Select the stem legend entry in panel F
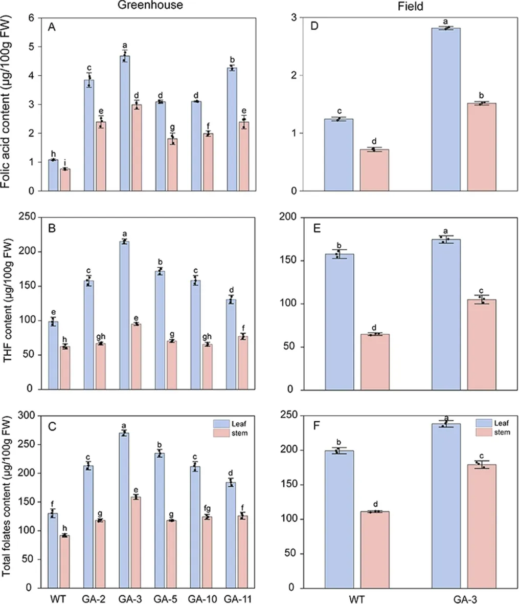click(493, 433)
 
